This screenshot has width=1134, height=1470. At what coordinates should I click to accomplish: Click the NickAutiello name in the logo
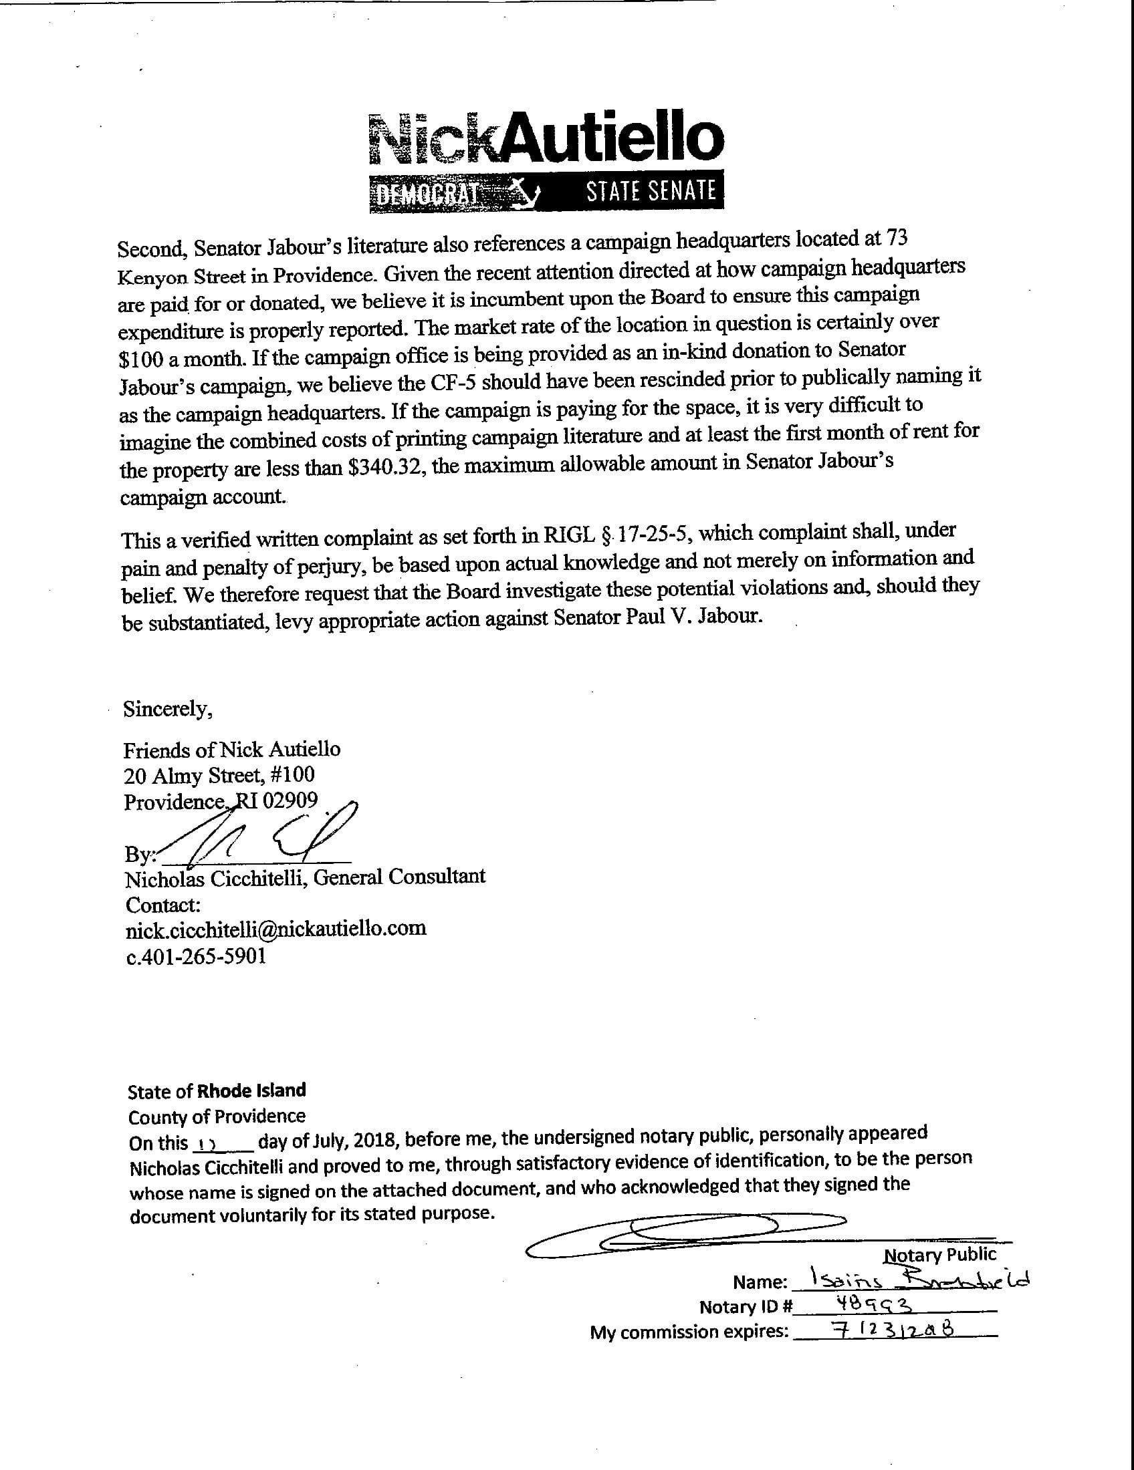(546, 138)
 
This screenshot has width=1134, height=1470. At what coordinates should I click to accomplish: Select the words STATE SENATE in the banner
(651, 192)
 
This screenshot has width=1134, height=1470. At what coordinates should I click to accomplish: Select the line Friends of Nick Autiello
(231, 749)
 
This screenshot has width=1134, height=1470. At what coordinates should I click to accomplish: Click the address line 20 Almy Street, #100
(219, 775)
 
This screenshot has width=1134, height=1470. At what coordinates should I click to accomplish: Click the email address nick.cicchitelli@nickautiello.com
(276, 929)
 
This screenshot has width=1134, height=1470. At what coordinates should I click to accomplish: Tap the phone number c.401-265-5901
(196, 955)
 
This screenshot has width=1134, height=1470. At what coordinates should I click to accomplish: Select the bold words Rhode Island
(251, 1090)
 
